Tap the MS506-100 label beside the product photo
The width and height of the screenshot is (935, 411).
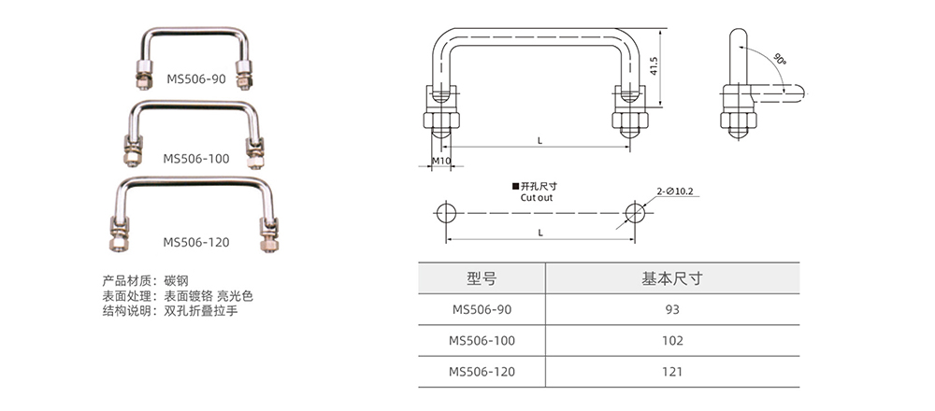[196, 159]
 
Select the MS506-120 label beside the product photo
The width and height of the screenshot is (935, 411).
[196, 241]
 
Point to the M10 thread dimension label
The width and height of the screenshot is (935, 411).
[442, 162]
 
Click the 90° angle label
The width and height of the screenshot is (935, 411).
[779, 59]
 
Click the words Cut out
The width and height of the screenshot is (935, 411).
[537, 198]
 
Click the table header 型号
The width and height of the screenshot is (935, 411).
[481, 278]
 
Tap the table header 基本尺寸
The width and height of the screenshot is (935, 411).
[671, 278]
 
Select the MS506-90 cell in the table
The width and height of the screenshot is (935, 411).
[482, 309]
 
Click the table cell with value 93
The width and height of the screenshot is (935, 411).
[671, 309]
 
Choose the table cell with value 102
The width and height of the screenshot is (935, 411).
[671, 340]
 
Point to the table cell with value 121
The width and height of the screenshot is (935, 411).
[671, 371]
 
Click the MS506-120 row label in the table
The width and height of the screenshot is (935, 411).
[482, 371]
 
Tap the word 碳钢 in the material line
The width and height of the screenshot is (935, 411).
[176, 279]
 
